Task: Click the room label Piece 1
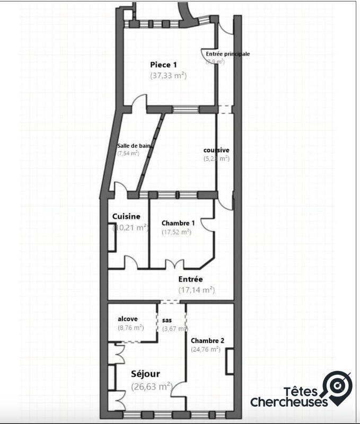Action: (164, 64)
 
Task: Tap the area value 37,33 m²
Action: (169, 76)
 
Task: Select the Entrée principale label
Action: (228, 54)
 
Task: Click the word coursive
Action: (216, 150)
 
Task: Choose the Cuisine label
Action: (126, 216)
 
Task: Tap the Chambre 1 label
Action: (178, 223)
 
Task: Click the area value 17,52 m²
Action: (176, 232)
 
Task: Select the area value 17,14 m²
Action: (196, 289)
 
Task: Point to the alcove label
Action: (128, 319)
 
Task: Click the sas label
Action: (167, 321)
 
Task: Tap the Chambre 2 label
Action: (206, 340)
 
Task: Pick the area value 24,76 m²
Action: (206, 349)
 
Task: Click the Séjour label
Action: (145, 374)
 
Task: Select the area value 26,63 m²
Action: (151, 386)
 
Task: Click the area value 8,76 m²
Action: (130, 328)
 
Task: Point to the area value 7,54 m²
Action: (128, 154)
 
